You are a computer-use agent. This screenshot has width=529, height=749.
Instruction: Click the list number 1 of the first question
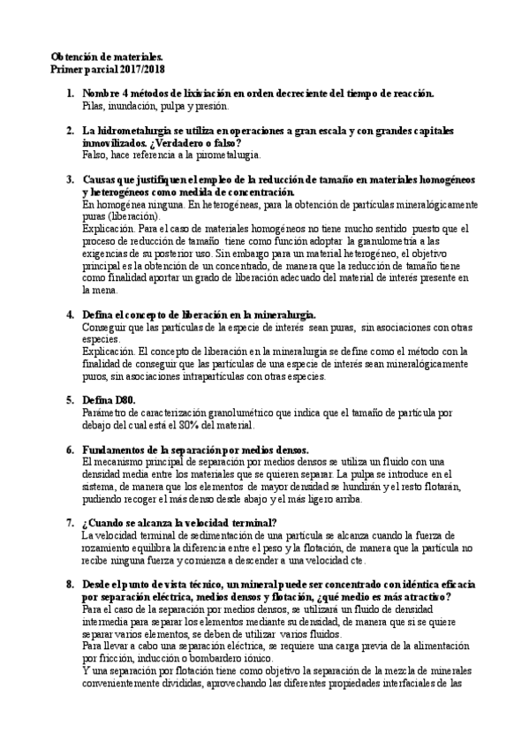click(x=71, y=93)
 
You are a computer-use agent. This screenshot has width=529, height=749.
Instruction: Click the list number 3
click(x=71, y=179)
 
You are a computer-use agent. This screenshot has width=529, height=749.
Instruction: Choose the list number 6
click(x=71, y=449)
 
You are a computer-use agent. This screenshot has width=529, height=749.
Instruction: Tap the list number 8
click(x=71, y=584)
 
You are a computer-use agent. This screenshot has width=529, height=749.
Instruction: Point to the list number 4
click(x=71, y=314)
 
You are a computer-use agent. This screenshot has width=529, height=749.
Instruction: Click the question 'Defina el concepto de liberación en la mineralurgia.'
click(x=199, y=314)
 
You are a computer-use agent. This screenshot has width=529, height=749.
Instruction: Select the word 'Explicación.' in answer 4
click(x=108, y=351)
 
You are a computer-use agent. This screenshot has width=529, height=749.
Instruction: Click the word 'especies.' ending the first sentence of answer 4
click(x=101, y=338)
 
